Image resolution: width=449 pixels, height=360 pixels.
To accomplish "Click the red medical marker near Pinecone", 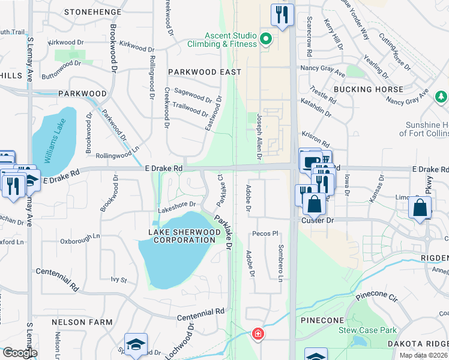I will [x=258, y=333].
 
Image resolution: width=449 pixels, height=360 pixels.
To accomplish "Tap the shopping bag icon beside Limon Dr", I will [x=420, y=208].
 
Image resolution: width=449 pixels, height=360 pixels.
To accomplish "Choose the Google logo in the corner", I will [x=20, y=353].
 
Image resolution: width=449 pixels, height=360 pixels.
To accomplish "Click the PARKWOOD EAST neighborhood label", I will [x=204, y=72].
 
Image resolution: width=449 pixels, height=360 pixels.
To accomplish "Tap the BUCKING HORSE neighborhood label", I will [x=369, y=89].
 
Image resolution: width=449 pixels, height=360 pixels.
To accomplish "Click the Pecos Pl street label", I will [x=266, y=233].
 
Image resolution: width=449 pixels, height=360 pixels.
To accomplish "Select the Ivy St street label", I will [x=119, y=280].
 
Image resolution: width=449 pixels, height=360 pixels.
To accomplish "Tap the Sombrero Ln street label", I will [x=280, y=263].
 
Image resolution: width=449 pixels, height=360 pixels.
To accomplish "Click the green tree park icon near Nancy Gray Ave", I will [x=441, y=97].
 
